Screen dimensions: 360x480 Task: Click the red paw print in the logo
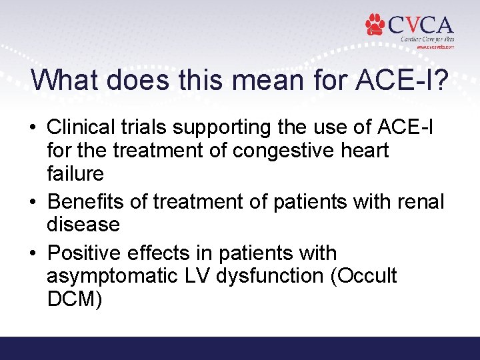[x=375, y=25]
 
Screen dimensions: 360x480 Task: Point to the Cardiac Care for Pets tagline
[x=427, y=39]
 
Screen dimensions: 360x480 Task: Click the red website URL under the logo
[x=435, y=47]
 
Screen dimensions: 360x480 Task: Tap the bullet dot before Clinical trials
[x=35, y=127]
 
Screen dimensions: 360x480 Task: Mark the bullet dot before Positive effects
[x=35, y=254]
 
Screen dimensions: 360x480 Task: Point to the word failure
[x=75, y=174]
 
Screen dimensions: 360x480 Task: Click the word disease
[x=83, y=225]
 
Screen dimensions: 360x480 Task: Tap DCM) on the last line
[x=75, y=300]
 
